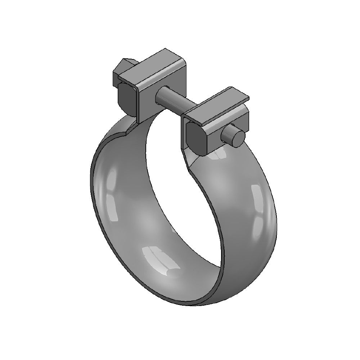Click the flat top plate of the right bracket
coord(220,102)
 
